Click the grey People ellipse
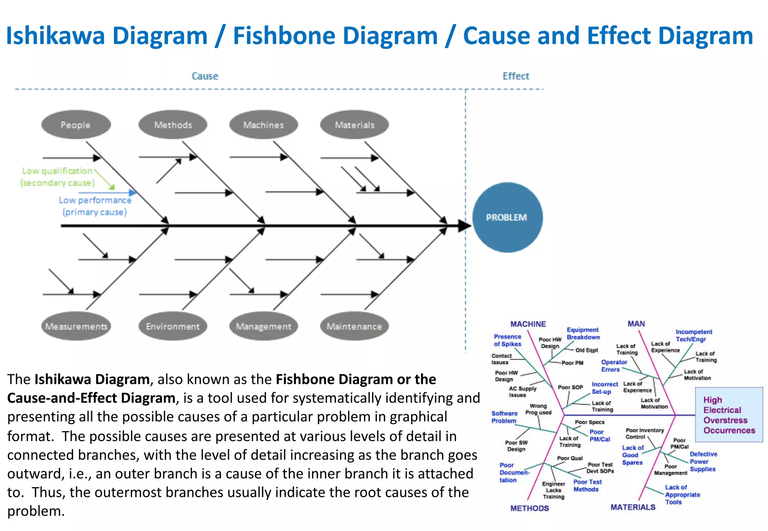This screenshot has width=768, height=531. tap(76, 125)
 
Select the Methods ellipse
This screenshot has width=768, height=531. tap(173, 125)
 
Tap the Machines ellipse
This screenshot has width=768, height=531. tap(264, 125)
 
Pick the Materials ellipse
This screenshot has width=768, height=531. tap(354, 125)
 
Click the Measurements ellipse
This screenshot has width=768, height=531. tap(76, 326)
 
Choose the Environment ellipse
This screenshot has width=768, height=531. tap(173, 326)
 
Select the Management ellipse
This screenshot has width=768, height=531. tap(264, 326)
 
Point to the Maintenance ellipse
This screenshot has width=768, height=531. tap(354, 326)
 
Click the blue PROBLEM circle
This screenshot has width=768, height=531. tap(507, 217)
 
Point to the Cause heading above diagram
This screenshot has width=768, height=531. tap(205, 76)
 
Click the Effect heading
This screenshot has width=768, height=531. tap(516, 76)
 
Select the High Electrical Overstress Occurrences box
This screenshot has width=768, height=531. tap(729, 415)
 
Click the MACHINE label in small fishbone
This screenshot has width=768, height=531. tap(528, 324)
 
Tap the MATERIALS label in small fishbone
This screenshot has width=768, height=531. tap(633, 507)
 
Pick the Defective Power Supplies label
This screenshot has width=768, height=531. tap(703, 461)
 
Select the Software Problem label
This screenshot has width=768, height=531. tap(504, 417)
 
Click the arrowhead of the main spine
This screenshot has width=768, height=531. tap(465, 226)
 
